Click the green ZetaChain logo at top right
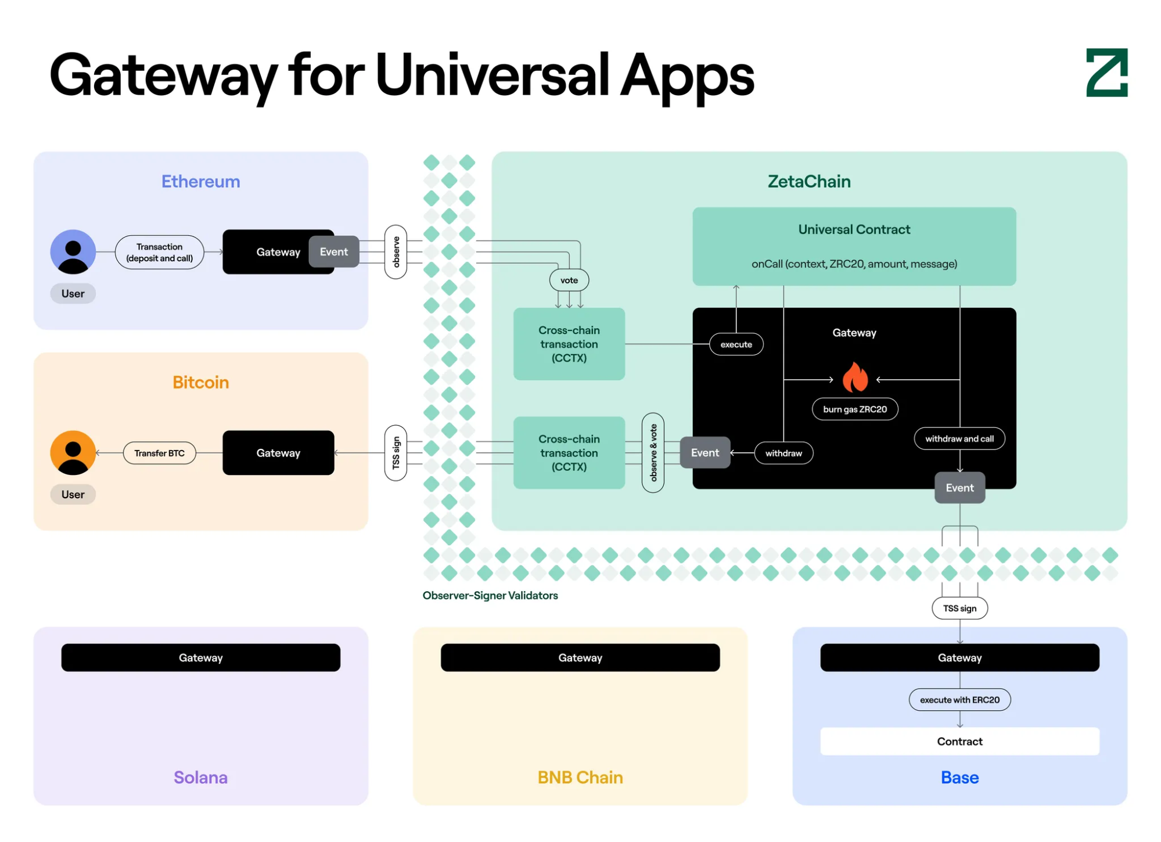(x=1106, y=73)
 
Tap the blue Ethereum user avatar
(x=73, y=252)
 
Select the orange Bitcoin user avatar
(x=73, y=453)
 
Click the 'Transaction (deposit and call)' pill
(x=160, y=252)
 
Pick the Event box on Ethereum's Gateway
(x=334, y=252)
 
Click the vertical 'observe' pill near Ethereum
(x=396, y=252)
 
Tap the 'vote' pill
(x=569, y=280)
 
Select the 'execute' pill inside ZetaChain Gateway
(x=736, y=344)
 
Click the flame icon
(x=855, y=377)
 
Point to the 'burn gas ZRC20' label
(x=855, y=409)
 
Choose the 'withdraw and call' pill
(x=959, y=439)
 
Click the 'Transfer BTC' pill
(x=160, y=453)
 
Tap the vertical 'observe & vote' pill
(x=653, y=453)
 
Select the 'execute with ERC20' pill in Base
(x=959, y=700)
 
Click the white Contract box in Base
(x=959, y=742)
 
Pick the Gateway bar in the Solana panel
(x=201, y=658)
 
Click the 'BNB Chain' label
(x=580, y=778)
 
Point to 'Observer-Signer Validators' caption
(x=490, y=596)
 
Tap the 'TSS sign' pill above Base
(x=959, y=609)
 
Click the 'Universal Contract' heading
(x=854, y=229)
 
